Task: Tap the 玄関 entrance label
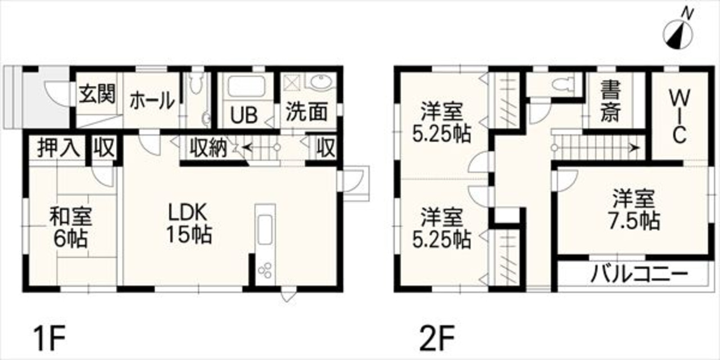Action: click(x=97, y=94)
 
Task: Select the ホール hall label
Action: click(x=152, y=100)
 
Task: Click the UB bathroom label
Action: click(x=244, y=115)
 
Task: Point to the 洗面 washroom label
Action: click(x=307, y=111)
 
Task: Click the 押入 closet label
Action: click(x=58, y=148)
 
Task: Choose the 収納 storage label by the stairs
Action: click(x=208, y=148)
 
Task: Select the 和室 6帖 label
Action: click(x=71, y=227)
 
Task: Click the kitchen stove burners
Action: click(x=265, y=270)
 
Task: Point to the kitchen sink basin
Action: click(x=265, y=230)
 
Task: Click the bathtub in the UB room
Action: click(x=246, y=86)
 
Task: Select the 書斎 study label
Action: click(x=610, y=101)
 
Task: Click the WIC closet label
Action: click(x=679, y=116)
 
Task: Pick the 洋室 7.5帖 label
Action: click(x=633, y=210)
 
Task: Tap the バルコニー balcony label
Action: click(x=640, y=274)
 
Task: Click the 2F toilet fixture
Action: click(x=563, y=84)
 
